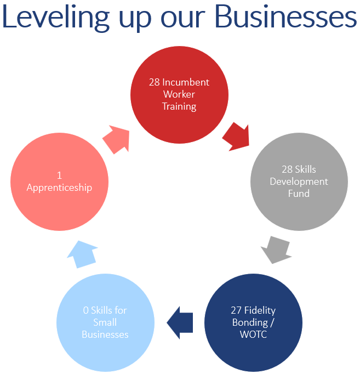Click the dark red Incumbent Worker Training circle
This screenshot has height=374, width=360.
point(179,94)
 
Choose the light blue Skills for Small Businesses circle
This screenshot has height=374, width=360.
point(105,322)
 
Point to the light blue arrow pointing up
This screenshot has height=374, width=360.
point(84,254)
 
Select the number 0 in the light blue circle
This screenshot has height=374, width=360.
point(86,310)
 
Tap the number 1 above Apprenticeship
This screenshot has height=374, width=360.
point(59,175)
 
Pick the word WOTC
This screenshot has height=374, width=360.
point(253,335)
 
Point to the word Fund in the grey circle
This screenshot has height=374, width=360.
point(299,193)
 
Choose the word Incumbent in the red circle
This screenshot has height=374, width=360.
point(186,82)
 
